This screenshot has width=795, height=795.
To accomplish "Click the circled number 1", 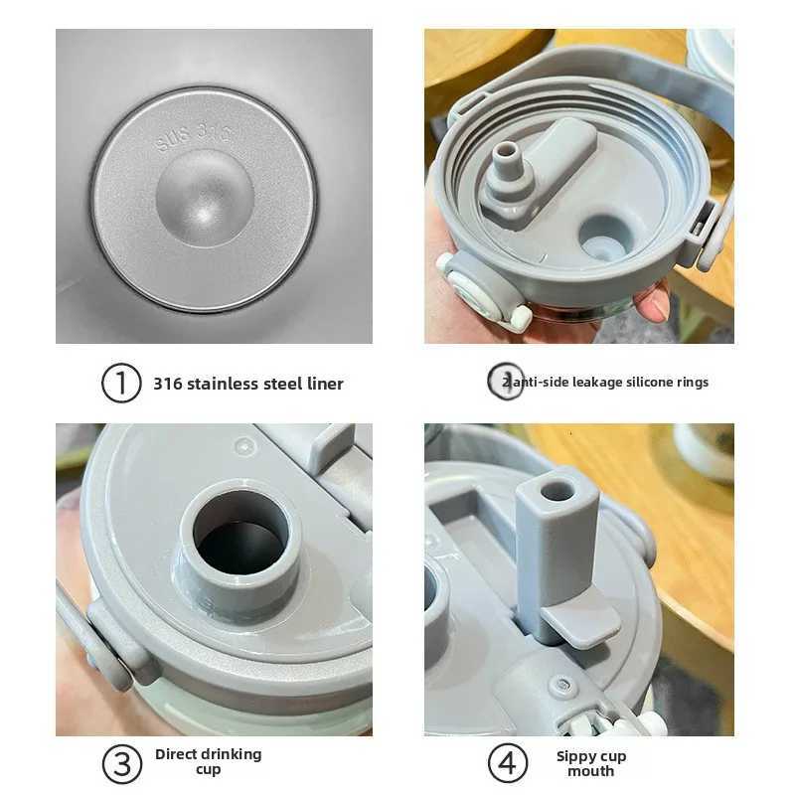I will click(121, 383).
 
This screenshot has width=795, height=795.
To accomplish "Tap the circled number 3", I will click(121, 763).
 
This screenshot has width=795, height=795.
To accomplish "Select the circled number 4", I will click(506, 763).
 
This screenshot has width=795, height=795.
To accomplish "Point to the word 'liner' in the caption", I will click(323, 384).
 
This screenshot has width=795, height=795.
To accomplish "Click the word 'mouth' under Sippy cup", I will click(590, 771).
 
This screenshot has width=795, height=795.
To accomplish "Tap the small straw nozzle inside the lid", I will click(508, 159).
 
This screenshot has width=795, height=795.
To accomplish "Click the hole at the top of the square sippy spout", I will click(556, 489).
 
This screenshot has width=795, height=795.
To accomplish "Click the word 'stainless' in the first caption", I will click(221, 384).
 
